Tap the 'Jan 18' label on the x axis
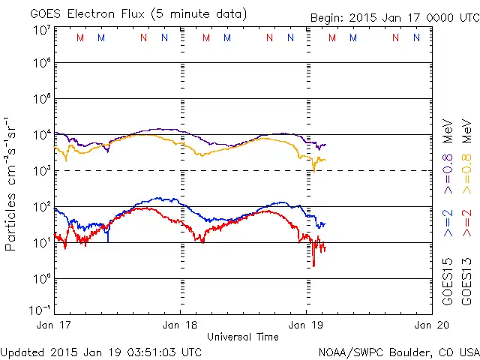(x=181, y=326)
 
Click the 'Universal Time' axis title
(x=243, y=337)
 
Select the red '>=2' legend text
(x=466, y=223)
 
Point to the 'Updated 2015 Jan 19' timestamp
(x=100, y=351)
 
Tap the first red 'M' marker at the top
(x=80, y=37)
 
